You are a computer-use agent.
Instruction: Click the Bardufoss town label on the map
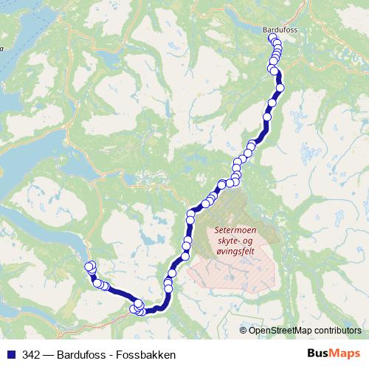pyautogui.click(x=280, y=30)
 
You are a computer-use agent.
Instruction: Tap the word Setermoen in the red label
pyautogui.click(x=235, y=230)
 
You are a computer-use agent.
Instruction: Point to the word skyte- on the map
pyautogui.click(x=229, y=241)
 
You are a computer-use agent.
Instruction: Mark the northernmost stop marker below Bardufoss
pyautogui.click(x=273, y=38)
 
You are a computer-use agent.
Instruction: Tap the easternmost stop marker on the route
pyautogui.click(x=280, y=88)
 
